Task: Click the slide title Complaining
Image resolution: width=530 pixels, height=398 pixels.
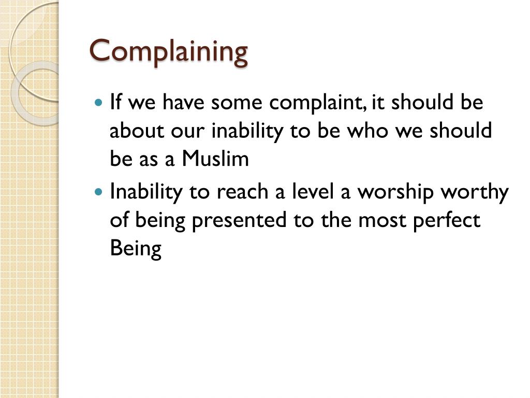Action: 169,52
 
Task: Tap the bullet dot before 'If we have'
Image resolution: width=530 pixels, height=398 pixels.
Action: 100,102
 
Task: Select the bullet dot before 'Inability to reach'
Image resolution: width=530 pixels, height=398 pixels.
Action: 100,192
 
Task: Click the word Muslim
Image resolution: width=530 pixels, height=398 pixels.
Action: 215,159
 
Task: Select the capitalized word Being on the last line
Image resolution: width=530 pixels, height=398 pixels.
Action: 136,250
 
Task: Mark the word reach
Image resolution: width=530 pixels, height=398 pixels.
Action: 241,193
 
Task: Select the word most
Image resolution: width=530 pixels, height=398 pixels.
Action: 380,221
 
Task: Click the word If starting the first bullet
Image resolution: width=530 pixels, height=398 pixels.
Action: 115,103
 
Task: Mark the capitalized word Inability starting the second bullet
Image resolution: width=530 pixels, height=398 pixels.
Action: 145,193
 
